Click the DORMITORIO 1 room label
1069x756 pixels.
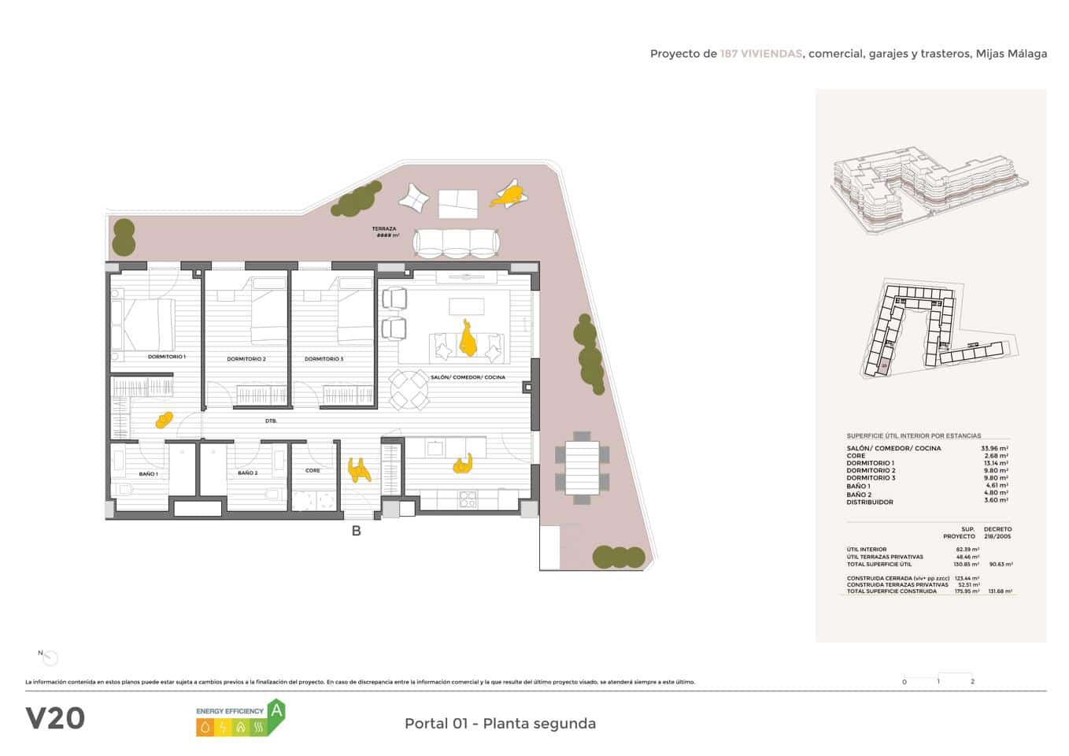[x=166, y=357]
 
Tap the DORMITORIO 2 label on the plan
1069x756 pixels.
[x=246, y=359]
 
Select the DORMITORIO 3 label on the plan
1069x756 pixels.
[x=324, y=359]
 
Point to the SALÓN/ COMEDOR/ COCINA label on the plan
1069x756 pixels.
[x=468, y=377]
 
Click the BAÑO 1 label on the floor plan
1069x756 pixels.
[x=148, y=474]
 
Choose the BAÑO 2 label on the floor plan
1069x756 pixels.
[x=247, y=473]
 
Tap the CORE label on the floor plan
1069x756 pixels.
[x=313, y=470]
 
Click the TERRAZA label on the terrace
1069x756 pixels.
[x=384, y=229]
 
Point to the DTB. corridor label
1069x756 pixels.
[x=271, y=421]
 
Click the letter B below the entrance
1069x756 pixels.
[x=356, y=532]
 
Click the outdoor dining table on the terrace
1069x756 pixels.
[x=582, y=468]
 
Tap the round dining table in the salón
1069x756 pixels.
[x=409, y=390]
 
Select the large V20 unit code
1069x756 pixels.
[x=55, y=718]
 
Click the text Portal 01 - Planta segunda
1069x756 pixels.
[x=500, y=724]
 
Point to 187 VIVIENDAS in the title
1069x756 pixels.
[x=760, y=54]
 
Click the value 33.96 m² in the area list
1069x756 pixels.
[x=994, y=448]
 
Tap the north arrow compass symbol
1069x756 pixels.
[x=50, y=658]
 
